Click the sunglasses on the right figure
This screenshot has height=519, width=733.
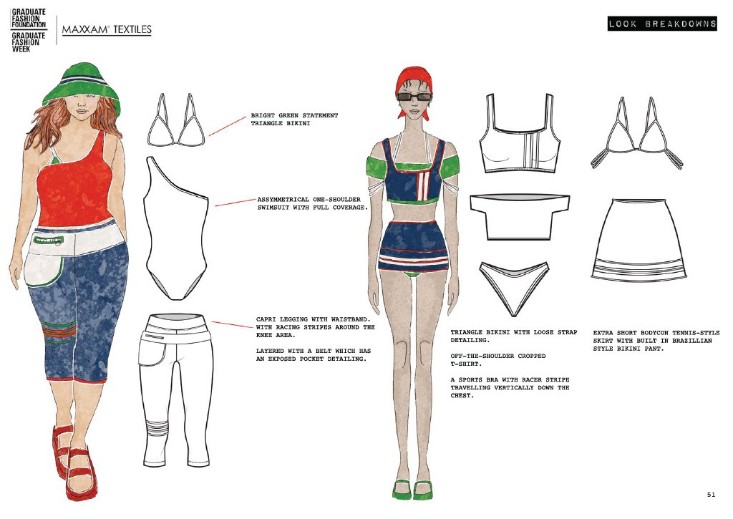click(x=414, y=97)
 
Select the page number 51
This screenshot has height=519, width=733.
click(x=711, y=494)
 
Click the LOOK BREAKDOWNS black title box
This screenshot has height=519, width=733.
click(x=662, y=24)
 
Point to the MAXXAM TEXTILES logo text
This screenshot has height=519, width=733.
click(x=107, y=29)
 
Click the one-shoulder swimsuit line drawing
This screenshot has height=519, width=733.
click(x=176, y=228)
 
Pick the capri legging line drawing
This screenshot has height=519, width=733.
click(x=176, y=390)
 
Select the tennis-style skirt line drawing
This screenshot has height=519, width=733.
click(x=639, y=240)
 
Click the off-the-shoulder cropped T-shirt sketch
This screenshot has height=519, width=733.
click(x=520, y=217)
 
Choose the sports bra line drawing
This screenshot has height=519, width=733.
click(x=520, y=133)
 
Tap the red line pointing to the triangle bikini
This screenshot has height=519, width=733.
click(x=227, y=126)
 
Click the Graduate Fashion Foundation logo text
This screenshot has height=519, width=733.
click(x=29, y=18)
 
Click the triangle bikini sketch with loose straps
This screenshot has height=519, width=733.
click(x=636, y=133)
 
